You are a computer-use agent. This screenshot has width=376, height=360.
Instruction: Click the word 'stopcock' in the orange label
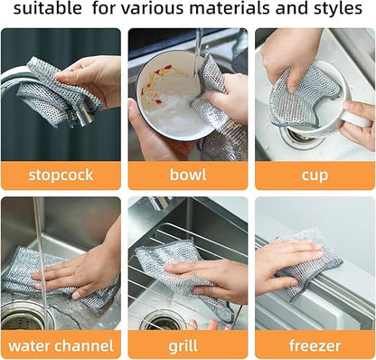click(x=61, y=175)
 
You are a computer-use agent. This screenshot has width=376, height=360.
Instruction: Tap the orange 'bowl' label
click(x=187, y=175)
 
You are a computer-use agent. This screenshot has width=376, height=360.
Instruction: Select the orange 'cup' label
click(x=315, y=175)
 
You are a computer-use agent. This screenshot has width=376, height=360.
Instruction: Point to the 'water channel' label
click(x=61, y=345)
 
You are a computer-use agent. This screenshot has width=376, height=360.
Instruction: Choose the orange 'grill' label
click(x=187, y=345)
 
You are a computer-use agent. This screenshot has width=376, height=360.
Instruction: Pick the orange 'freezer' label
click(x=315, y=345)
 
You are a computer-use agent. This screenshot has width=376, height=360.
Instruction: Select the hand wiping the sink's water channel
click(x=86, y=271)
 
